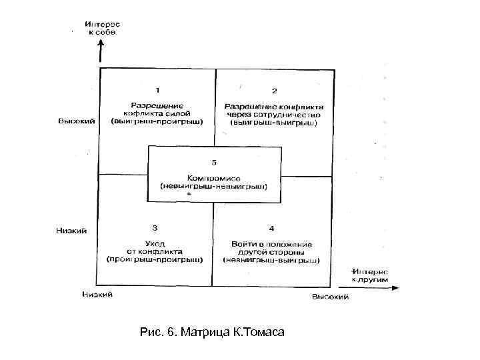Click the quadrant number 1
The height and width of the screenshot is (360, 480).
158,89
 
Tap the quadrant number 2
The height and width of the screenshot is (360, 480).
274,90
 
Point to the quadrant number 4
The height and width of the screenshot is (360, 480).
271,229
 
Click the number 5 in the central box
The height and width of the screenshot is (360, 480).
213,162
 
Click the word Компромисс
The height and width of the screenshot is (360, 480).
213,178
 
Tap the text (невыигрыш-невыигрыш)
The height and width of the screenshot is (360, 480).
213,187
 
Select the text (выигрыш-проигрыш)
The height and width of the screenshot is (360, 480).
158,123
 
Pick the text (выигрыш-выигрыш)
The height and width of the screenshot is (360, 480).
274,123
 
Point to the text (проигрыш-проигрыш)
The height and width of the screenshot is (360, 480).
155,258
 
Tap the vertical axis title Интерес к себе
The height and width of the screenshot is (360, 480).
102,27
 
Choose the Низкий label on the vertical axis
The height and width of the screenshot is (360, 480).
71,231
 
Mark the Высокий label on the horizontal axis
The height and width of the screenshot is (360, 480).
330,297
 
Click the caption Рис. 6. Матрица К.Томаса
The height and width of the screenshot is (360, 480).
213,331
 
